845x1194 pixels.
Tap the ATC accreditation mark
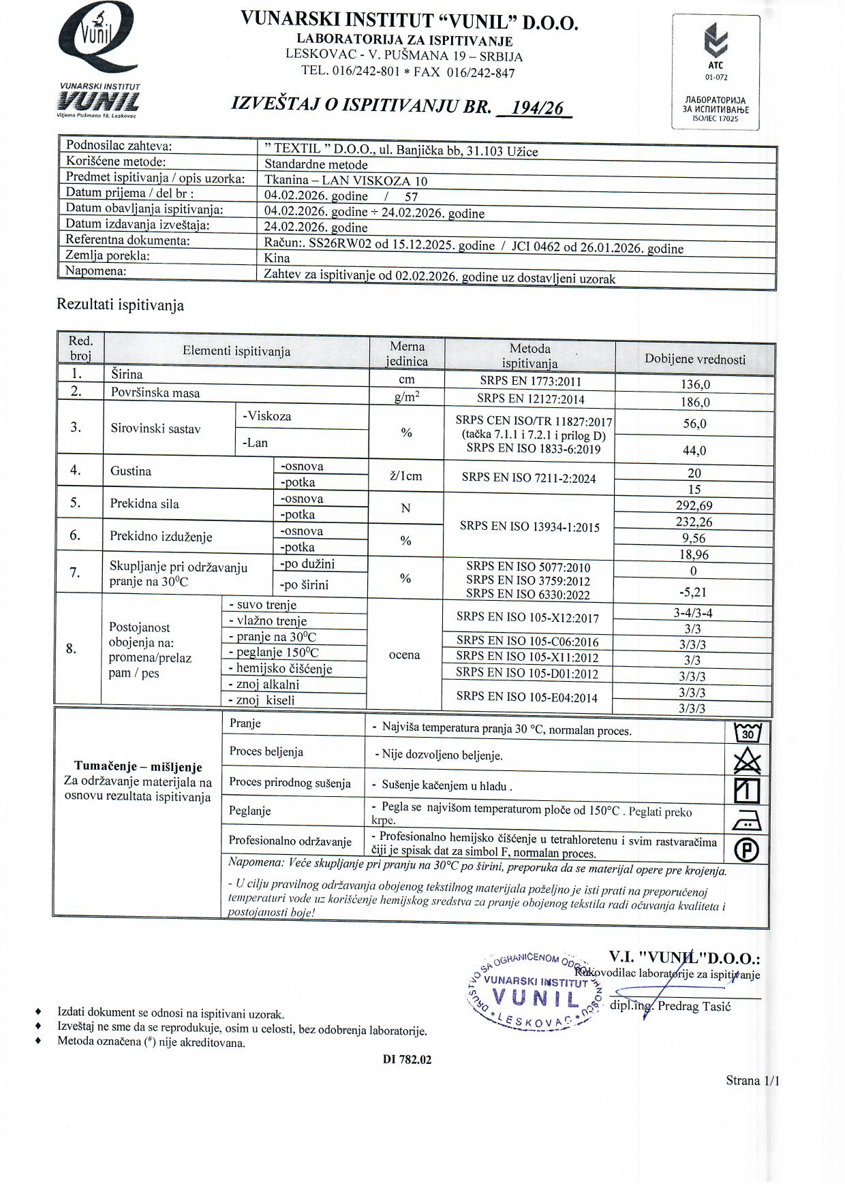[716, 51]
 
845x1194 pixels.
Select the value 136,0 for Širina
[694, 384]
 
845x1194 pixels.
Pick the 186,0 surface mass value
[694, 402]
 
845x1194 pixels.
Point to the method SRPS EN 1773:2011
[529, 381]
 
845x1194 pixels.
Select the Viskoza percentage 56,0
[694, 424]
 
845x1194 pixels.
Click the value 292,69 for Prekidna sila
[694, 505]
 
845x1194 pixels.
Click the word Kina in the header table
[277, 258]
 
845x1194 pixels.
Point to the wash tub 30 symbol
[748, 733]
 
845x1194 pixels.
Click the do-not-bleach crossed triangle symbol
[747, 761]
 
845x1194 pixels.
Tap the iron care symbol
[747, 821]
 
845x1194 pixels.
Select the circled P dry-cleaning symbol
[747, 849]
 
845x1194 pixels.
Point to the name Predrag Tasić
[694, 1007]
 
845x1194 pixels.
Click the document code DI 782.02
[407, 1059]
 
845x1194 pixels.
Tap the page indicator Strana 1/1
[752, 1080]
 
